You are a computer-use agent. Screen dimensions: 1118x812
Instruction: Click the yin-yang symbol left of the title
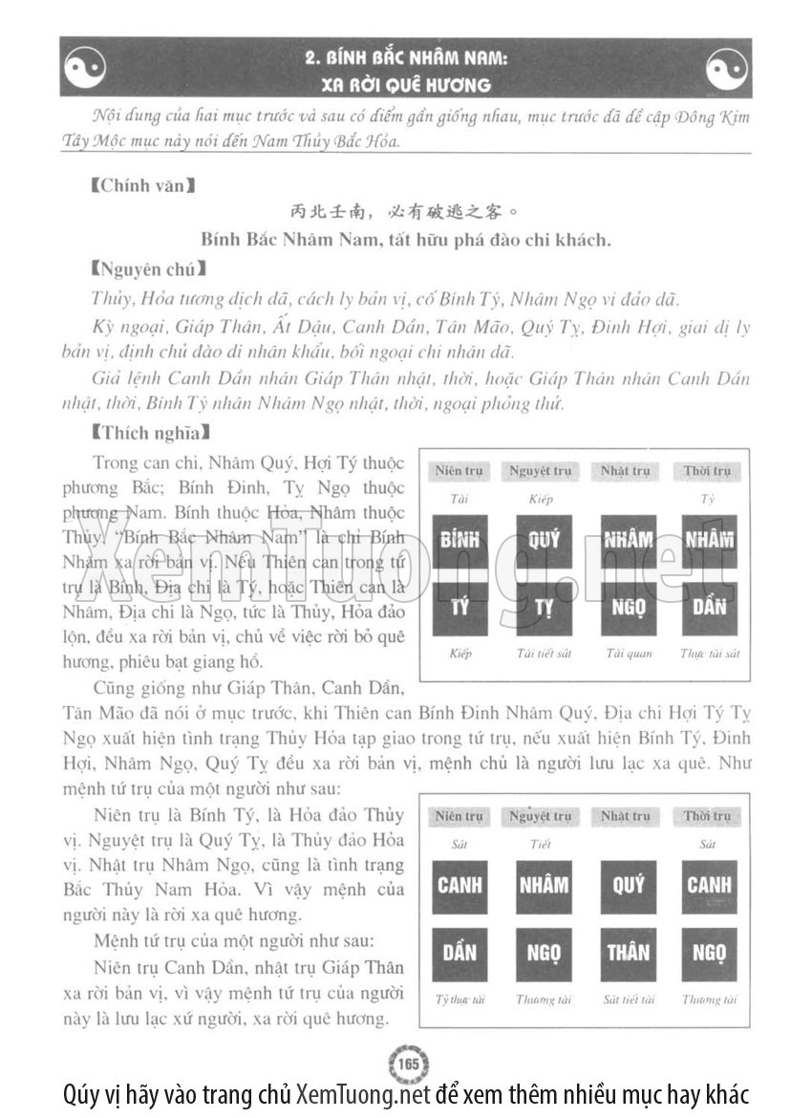tap(85, 68)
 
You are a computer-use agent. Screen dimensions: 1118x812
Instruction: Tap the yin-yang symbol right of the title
tap(727, 68)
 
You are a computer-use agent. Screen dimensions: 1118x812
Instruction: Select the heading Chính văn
tap(138, 185)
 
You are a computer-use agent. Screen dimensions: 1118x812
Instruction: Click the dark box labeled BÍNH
tap(459, 541)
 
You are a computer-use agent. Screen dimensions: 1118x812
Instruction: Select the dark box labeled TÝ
tap(459, 608)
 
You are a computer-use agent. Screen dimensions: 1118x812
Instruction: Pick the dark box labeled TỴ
tap(544, 608)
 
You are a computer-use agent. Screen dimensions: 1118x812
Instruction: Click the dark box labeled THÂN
tap(628, 952)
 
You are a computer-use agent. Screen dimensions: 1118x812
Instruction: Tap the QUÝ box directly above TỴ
tap(544, 541)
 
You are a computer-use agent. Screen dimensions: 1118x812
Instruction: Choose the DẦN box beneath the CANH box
tap(459, 952)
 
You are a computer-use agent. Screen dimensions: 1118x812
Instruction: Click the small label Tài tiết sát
tap(543, 655)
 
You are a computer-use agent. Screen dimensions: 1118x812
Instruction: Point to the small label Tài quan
tap(628, 655)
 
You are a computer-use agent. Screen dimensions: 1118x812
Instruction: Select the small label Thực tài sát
tap(709, 655)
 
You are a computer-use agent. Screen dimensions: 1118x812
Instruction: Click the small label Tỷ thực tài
tap(459, 1000)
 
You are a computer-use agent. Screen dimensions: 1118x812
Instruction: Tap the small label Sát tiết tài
tap(628, 1000)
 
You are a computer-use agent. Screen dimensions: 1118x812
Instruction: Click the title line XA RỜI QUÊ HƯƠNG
tap(406, 84)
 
